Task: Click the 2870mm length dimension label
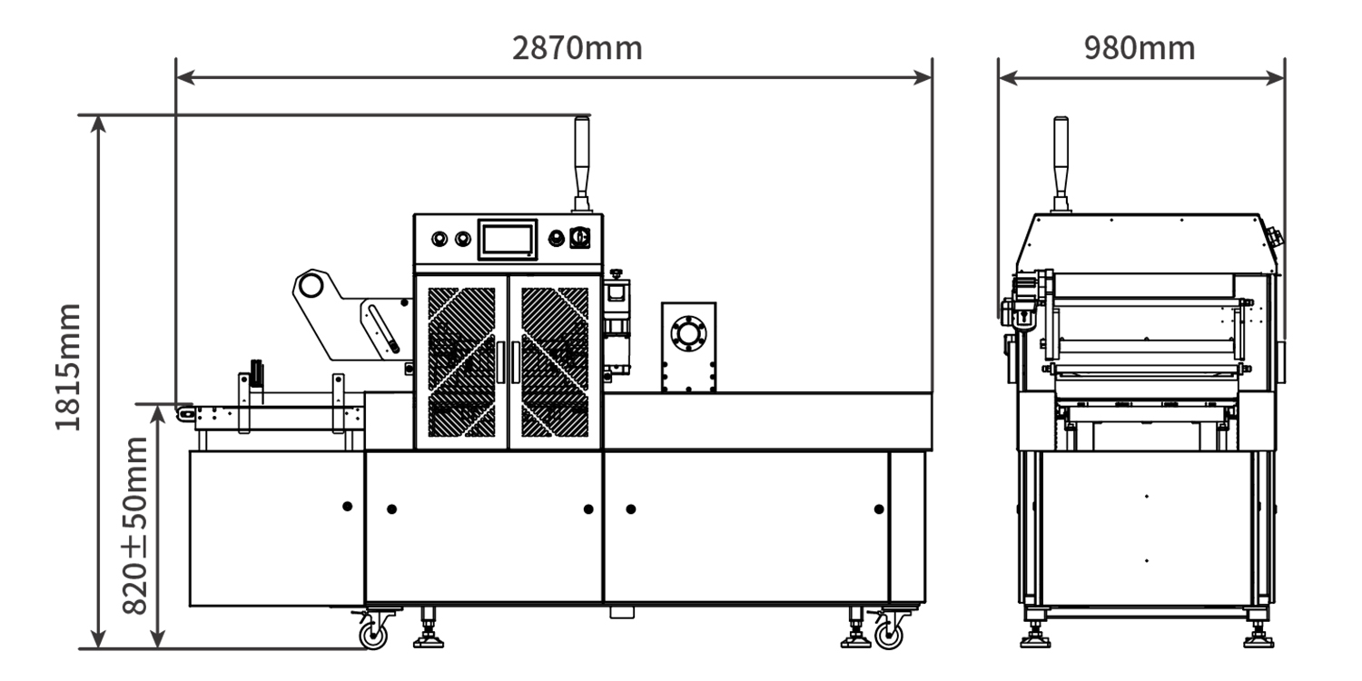(x=577, y=48)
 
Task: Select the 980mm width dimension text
(x=1140, y=48)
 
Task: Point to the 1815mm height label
(x=67, y=367)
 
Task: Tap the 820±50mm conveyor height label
(x=134, y=526)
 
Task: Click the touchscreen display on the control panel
(x=507, y=240)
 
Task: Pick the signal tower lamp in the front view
(x=582, y=164)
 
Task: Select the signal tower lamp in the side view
(x=1061, y=164)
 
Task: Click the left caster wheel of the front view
(x=372, y=635)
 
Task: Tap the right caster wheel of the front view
(x=888, y=635)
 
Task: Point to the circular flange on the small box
(x=688, y=333)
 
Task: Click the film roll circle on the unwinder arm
(x=311, y=285)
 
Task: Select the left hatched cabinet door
(x=461, y=362)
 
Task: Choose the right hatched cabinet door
(x=555, y=362)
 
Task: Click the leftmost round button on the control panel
(x=439, y=239)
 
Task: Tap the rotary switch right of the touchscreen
(x=579, y=237)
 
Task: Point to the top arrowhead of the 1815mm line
(x=98, y=123)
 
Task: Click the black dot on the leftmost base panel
(x=347, y=506)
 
